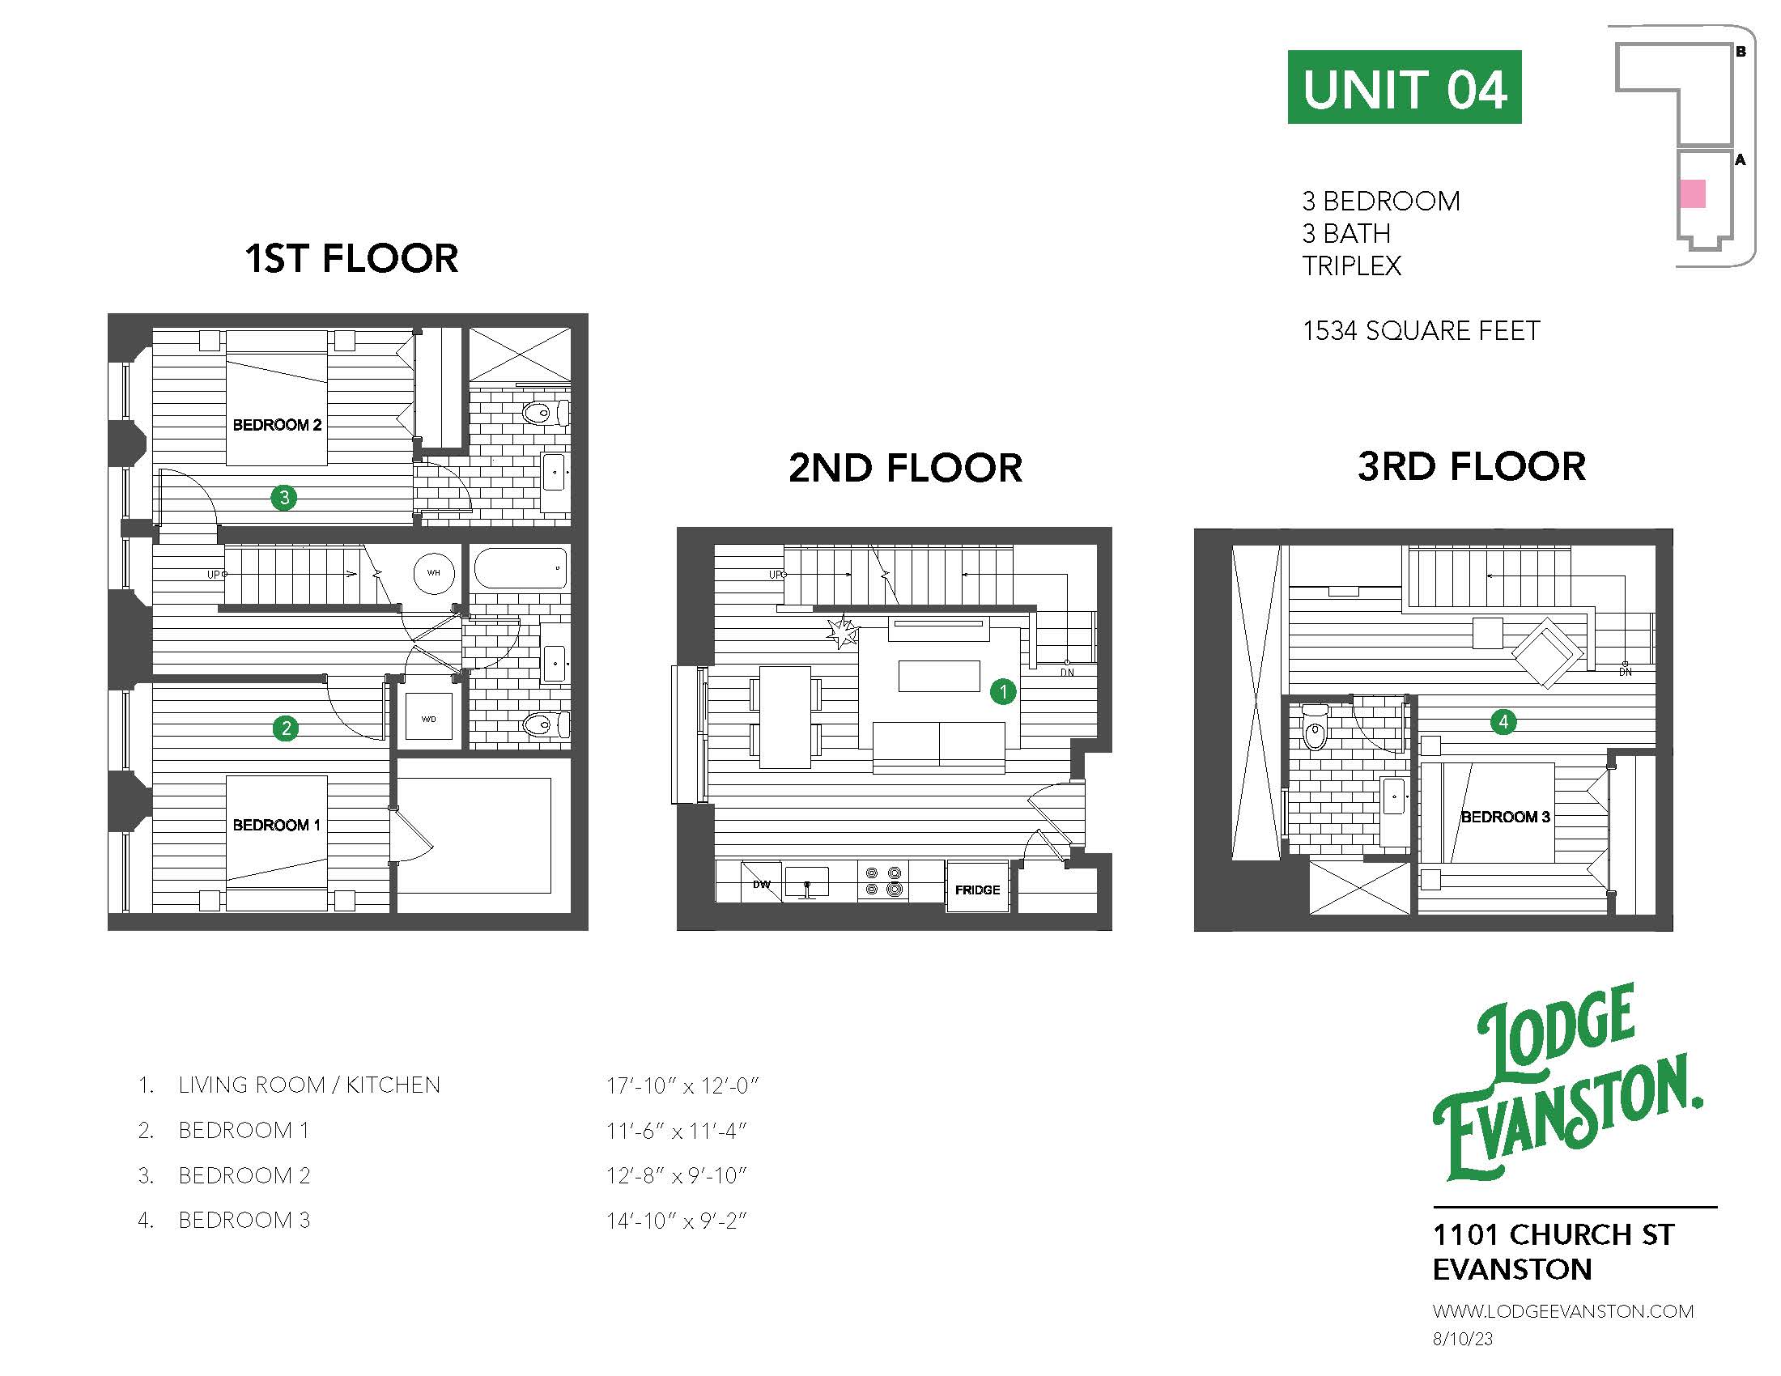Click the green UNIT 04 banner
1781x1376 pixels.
pos(1404,87)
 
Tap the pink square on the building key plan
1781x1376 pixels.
pos(1692,194)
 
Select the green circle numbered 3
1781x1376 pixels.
pos(284,497)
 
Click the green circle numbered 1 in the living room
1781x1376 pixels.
pos(1002,691)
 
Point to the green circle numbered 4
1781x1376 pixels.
pos(1503,721)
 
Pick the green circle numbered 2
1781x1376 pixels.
pos(286,728)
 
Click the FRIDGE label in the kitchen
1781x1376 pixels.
pos(977,890)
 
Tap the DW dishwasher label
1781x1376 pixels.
pos(761,884)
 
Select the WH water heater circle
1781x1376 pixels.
pos(433,572)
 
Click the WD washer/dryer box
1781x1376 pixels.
pos(429,717)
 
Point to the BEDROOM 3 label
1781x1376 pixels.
pos(1505,817)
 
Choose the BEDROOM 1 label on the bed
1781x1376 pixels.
pos(276,825)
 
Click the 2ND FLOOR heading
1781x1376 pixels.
pos(904,468)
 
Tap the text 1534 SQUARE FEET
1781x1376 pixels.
pos(1421,331)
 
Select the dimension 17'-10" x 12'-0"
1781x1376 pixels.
pos(682,1085)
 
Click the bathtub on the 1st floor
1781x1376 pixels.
pos(521,568)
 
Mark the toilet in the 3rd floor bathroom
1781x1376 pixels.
pos(1315,728)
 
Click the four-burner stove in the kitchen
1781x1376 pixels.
pos(883,881)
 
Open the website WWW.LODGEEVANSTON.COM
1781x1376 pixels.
pos(1562,1310)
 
